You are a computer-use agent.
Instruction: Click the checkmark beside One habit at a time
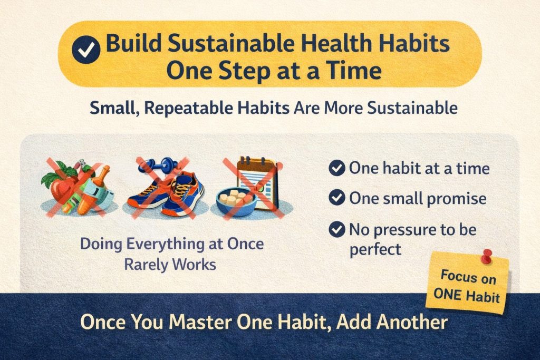point(336,169)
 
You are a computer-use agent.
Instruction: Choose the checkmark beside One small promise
point(336,199)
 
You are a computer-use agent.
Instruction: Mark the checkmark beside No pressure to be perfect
point(336,230)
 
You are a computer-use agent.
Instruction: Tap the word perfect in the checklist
point(375,249)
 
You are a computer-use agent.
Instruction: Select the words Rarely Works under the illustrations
point(170,264)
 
